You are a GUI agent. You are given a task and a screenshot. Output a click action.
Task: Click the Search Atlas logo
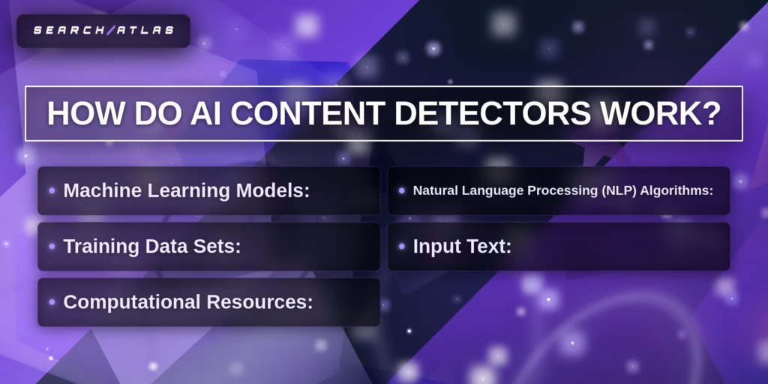[x=103, y=31]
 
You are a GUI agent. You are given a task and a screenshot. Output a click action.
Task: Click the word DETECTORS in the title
[x=495, y=114]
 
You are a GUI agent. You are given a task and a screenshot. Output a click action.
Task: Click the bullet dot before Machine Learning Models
[x=52, y=190]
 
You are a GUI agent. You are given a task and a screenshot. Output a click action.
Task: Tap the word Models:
[x=273, y=190]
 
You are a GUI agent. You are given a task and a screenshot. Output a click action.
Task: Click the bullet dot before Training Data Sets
[x=52, y=246]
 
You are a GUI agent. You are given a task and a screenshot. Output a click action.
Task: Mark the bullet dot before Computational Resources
[x=52, y=302]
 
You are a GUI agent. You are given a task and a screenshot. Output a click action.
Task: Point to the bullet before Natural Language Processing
[x=402, y=190]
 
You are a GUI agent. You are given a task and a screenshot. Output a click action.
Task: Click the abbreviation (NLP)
[x=619, y=190]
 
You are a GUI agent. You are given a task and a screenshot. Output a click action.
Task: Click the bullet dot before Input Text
[x=402, y=246]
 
